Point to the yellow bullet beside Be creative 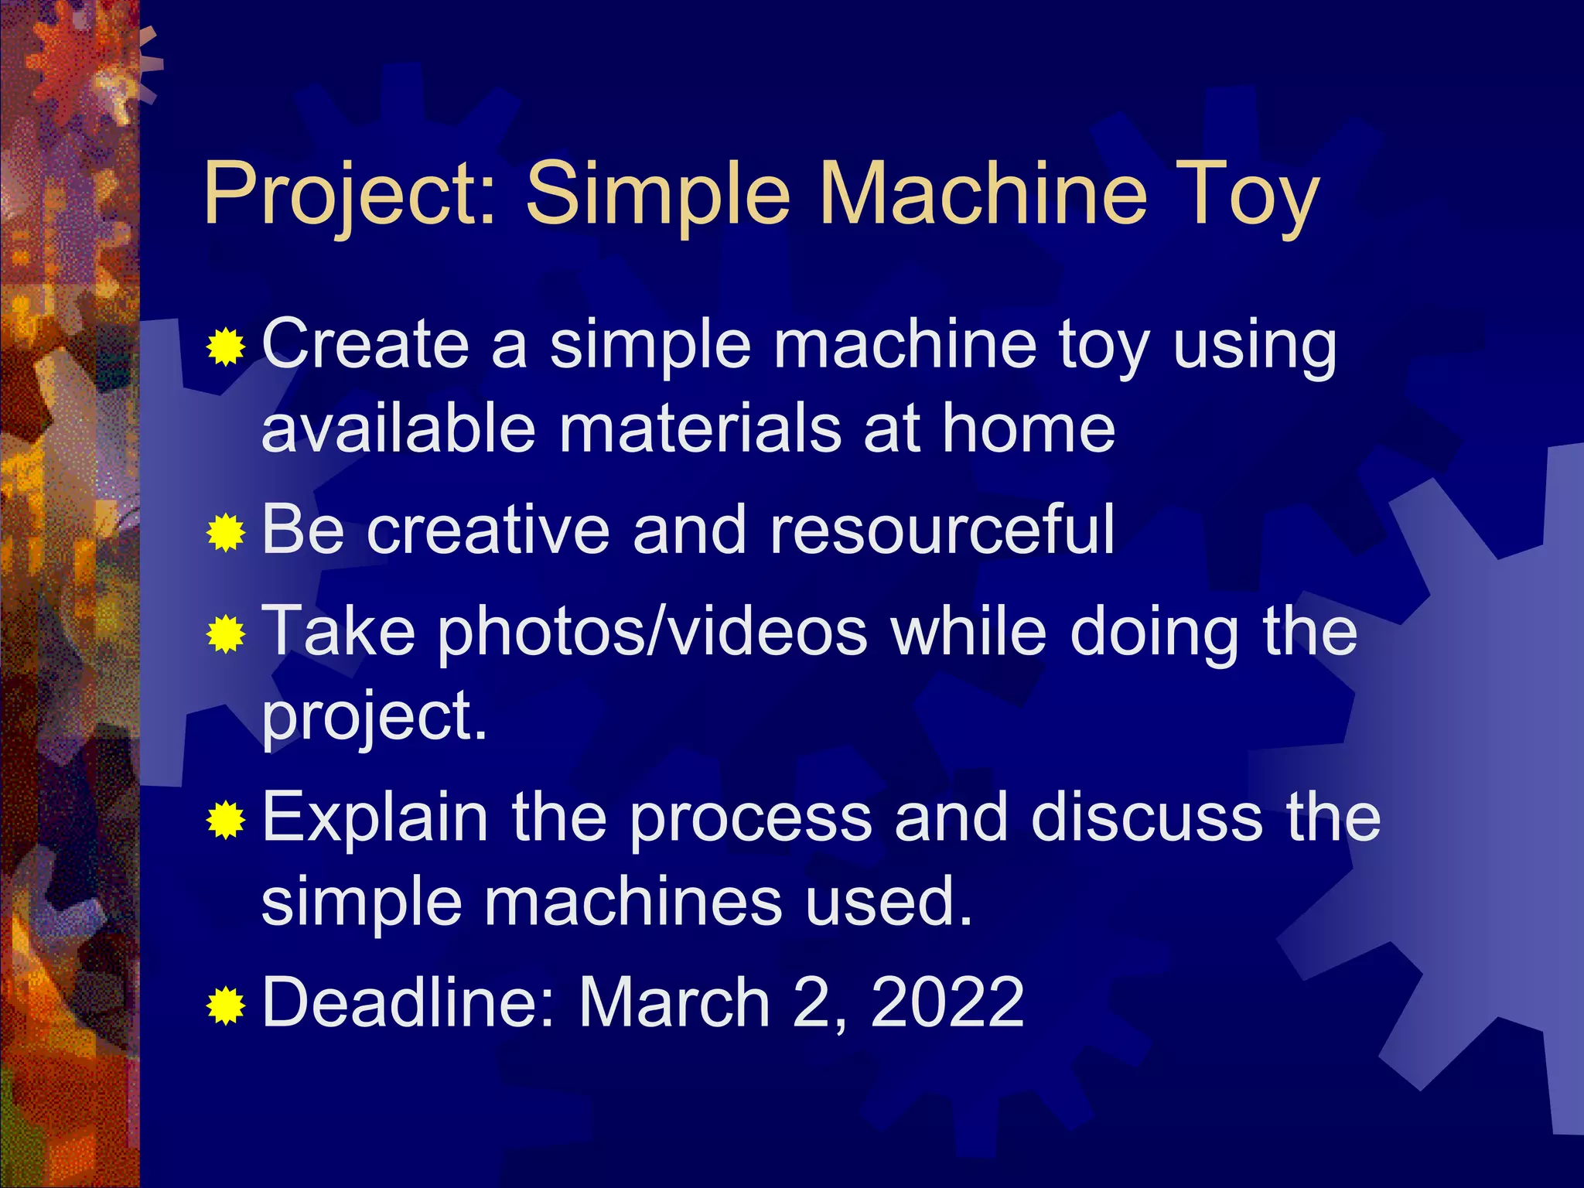tap(226, 532)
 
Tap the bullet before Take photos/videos tap(226, 634)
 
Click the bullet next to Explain tap(226, 820)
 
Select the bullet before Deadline tap(226, 1005)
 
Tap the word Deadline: tap(408, 1002)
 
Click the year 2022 tap(947, 1002)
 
